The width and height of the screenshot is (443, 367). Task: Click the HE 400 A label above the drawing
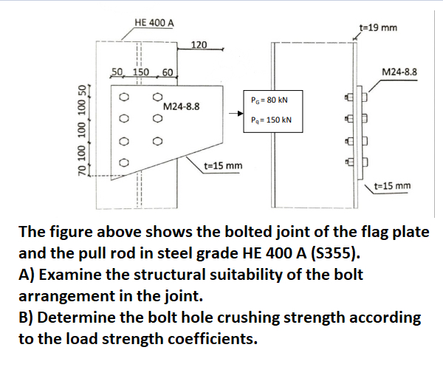pos(155,22)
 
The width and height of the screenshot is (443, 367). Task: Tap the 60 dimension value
pos(167,72)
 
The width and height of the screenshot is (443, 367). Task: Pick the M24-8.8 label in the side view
pos(400,72)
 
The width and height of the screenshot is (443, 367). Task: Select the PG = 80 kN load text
pos(269,99)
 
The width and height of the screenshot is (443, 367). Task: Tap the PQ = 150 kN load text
pos(271,120)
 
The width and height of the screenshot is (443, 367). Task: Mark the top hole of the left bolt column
pos(125,97)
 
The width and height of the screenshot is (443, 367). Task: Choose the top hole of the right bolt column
pos(157,97)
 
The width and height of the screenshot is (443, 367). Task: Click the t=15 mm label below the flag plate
pos(223,165)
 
